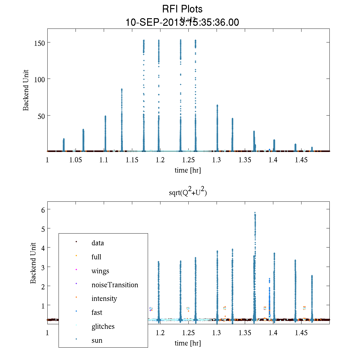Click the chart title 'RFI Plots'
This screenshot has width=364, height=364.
pyautogui.click(x=182, y=9)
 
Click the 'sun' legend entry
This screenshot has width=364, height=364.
pyautogui.click(x=97, y=340)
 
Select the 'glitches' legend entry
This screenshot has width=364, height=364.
pyautogui.click(x=103, y=326)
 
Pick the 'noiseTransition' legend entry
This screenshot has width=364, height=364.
pyautogui.click(x=115, y=285)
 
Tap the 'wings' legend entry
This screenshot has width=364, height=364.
pyautogui.click(x=100, y=271)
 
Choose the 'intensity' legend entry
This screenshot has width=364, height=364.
pyautogui.click(x=104, y=298)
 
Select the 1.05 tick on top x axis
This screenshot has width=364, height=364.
pyautogui.click(x=76, y=160)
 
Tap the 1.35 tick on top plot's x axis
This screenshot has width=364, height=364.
pyautogui.click(x=245, y=160)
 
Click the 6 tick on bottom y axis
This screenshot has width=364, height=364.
pyautogui.click(x=43, y=210)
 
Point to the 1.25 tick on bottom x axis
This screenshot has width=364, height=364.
pyautogui.click(x=188, y=333)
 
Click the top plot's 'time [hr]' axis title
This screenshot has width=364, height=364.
pyautogui.click(x=187, y=170)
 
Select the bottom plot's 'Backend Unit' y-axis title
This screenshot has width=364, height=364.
pyautogui.click(x=33, y=263)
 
